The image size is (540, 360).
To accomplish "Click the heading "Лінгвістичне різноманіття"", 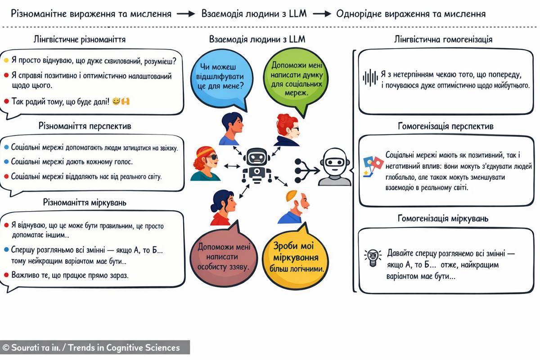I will pyautogui.click(x=80, y=40).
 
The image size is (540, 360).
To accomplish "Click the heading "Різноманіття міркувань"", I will pyautogui.click(x=85, y=202).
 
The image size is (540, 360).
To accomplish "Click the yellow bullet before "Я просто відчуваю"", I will pyautogui.click(x=6, y=60).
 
